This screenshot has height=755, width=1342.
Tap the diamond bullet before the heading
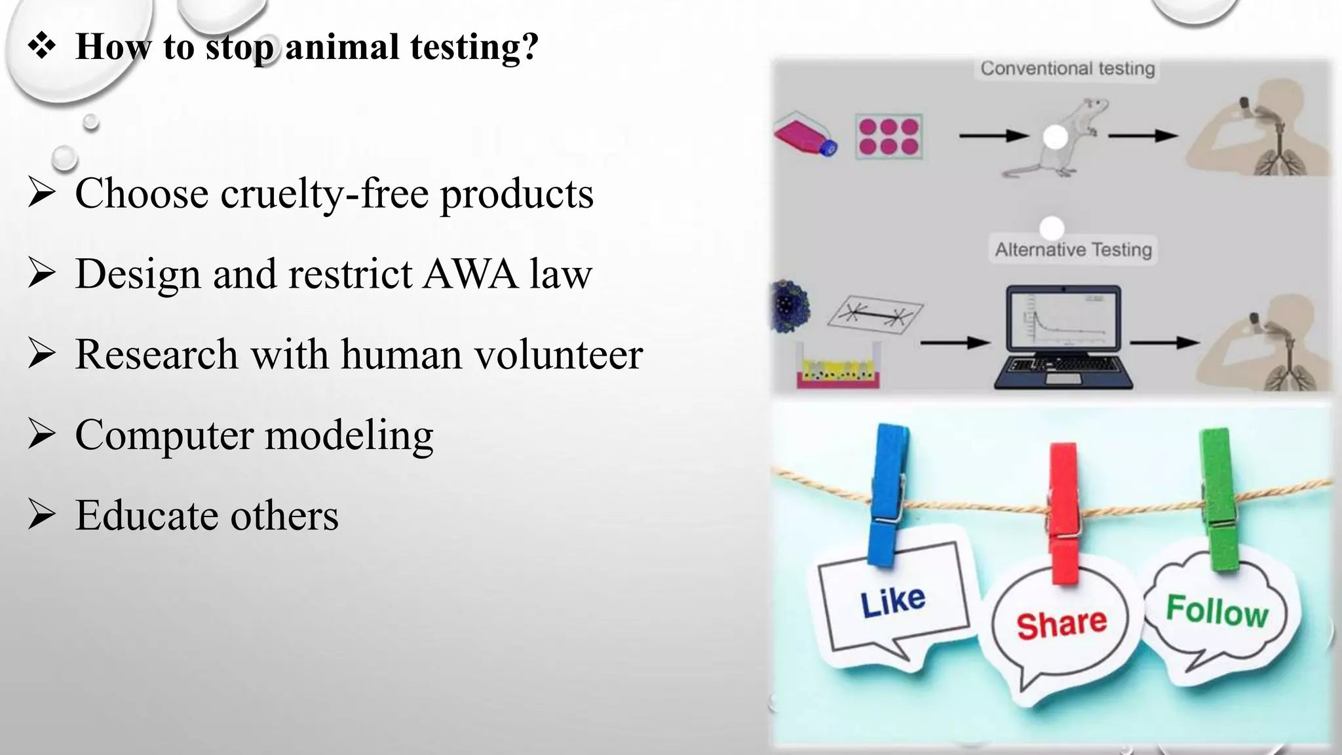[x=42, y=47]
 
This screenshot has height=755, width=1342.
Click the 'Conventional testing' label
[x=1067, y=69]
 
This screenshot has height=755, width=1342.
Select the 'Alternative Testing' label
[x=1073, y=250]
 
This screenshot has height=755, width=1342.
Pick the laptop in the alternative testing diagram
[x=1062, y=337]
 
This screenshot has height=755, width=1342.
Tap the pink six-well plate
[x=889, y=137]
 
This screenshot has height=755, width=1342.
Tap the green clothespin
[x=1218, y=498]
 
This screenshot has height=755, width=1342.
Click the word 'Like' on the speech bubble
[x=892, y=602]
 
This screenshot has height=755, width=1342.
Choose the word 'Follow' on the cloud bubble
[x=1217, y=611]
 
